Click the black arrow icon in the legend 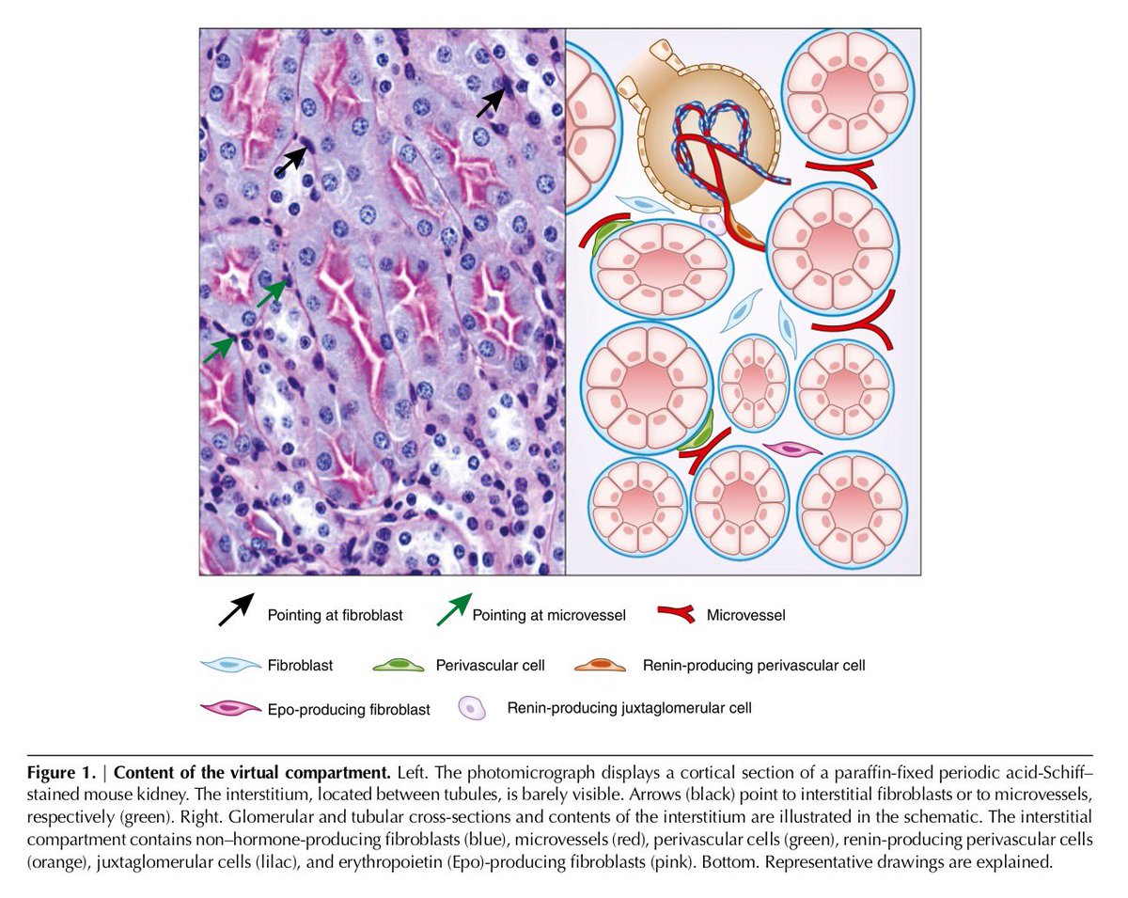(x=235, y=609)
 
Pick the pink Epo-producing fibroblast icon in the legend (x=229, y=708)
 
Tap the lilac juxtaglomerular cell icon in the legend (x=472, y=708)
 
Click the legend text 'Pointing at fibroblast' (x=335, y=616)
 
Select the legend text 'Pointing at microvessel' (x=548, y=616)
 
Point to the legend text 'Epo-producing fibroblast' (x=349, y=710)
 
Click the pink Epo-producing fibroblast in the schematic (x=788, y=449)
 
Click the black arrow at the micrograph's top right (x=491, y=102)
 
